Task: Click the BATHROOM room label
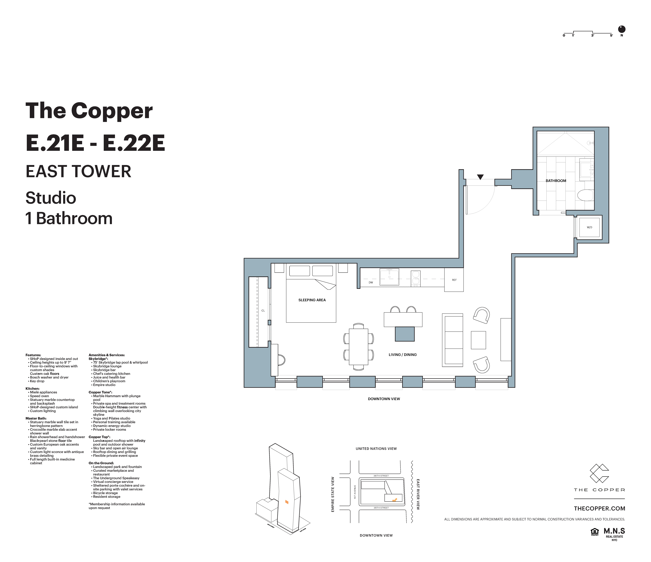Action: [556, 181]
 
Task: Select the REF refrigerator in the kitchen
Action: [454, 280]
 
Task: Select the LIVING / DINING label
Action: [403, 355]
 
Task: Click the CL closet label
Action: [263, 311]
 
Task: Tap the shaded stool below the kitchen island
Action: [405, 334]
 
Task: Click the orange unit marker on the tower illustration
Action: [287, 502]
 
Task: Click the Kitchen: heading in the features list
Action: [32, 388]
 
